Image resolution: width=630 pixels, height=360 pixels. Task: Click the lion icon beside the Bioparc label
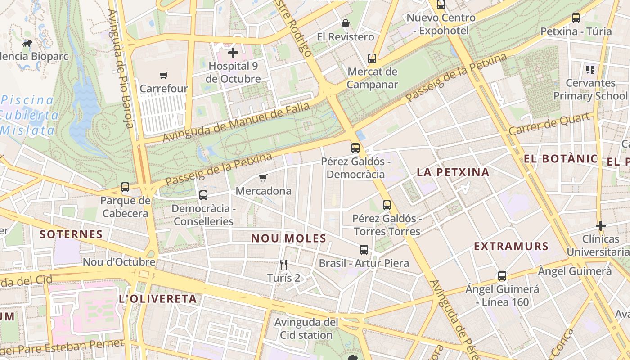tap(27, 44)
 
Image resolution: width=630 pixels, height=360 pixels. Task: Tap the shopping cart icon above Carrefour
tap(163, 76)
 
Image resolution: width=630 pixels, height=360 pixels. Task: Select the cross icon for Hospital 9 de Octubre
tap(233, 53)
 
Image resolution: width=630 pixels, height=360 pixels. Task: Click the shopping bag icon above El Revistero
tap(346, 23)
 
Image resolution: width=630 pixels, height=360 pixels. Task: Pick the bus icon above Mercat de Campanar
tap(372, 58)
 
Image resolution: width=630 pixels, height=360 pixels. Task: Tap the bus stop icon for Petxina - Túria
tap(576, 18)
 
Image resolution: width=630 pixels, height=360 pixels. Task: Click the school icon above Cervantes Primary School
tap(590, 70)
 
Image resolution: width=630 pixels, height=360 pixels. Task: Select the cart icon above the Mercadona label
tap(263, 178)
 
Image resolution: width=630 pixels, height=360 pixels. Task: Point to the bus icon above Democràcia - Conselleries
tap(203, 195)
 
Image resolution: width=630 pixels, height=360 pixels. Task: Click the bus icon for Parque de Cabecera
tap(125, 187)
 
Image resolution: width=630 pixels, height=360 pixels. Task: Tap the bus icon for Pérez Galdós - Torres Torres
tap(387, 205)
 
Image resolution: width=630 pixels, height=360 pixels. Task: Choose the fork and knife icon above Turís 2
tap(283, 265)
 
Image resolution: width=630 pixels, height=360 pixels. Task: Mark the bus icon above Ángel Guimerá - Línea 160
tap(502, 276)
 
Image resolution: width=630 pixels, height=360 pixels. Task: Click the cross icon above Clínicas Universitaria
tap(601, 225)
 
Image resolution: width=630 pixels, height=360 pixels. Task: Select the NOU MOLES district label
tap(288, 238)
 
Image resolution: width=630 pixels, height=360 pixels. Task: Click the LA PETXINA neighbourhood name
tap(453, 172)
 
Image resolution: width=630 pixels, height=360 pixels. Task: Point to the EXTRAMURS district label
tap(511, 246)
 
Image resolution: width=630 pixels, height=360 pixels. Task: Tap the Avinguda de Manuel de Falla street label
tap(236, 122)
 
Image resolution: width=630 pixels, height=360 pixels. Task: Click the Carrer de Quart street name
tap(549, 124)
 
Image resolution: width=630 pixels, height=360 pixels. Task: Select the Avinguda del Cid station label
tap(306, 328)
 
